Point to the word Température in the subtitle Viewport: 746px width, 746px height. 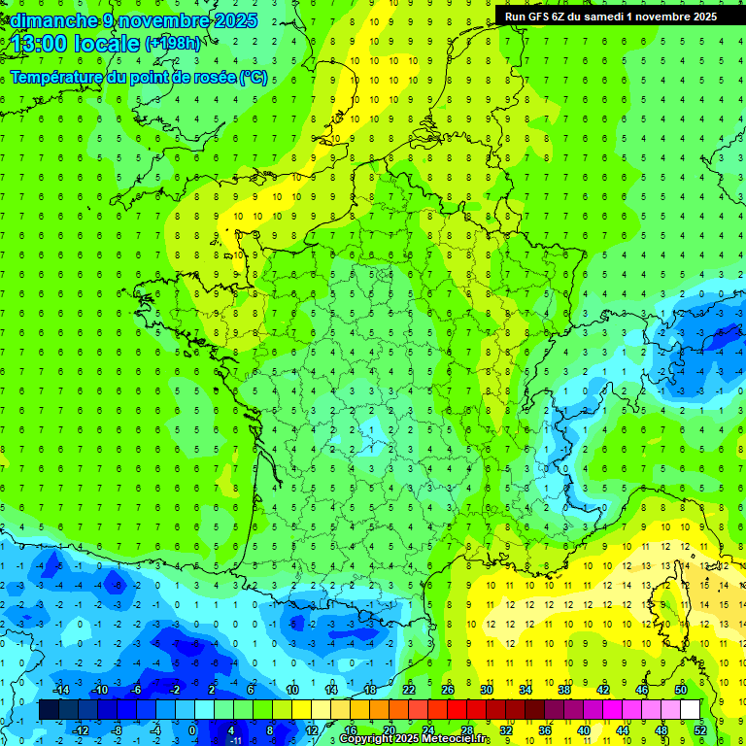click(57, 78)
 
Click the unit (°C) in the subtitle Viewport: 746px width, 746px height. click(254, 78)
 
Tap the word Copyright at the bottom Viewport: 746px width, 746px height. click(366, 739)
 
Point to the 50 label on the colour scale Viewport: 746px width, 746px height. click(680, 690)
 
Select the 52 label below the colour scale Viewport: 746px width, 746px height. click(699, 729)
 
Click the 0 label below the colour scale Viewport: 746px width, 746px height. click(192, 729)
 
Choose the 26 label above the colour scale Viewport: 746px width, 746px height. click(447, 690)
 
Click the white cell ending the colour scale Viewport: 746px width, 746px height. click(690, 709)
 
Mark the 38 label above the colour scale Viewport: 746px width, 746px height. click(563, 690)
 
